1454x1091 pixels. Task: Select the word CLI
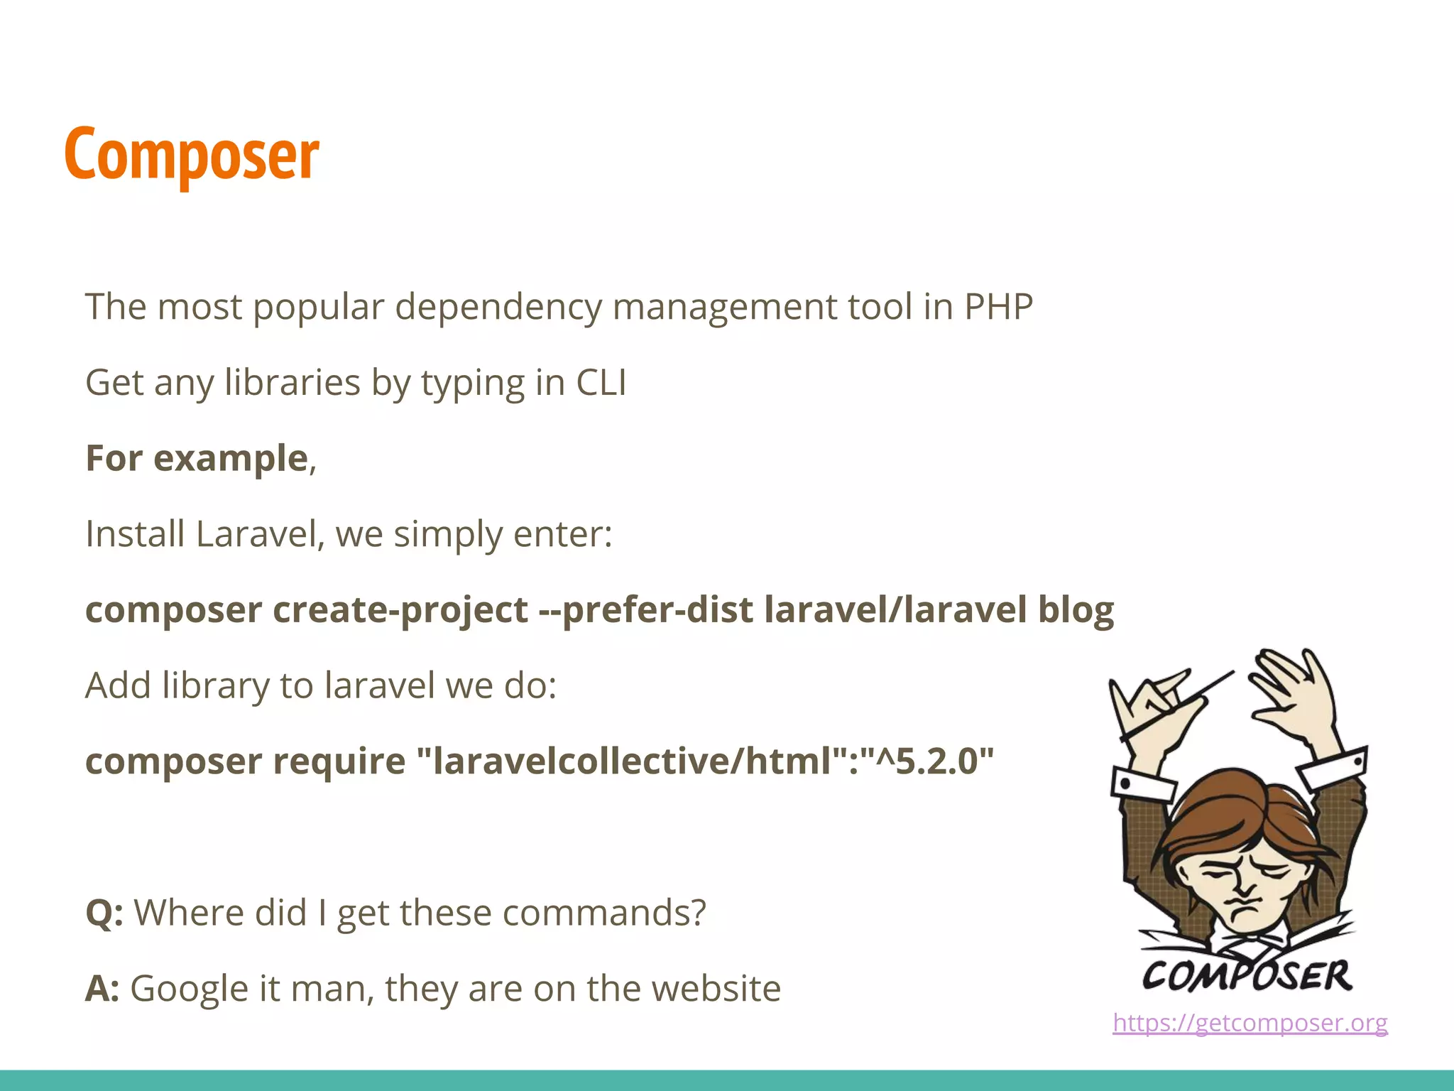[601, 382]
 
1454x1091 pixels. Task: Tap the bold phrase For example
[197, 458]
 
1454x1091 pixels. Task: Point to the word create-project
[400, 610]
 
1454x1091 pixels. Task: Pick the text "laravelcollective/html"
[632, 761]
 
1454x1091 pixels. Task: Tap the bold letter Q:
[104, 913]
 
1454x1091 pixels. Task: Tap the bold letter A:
[103, 989]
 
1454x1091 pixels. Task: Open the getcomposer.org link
[1250, 1023]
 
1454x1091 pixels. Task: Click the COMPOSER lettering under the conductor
[1247, 975]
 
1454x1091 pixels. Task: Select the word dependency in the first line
[498, 307]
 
